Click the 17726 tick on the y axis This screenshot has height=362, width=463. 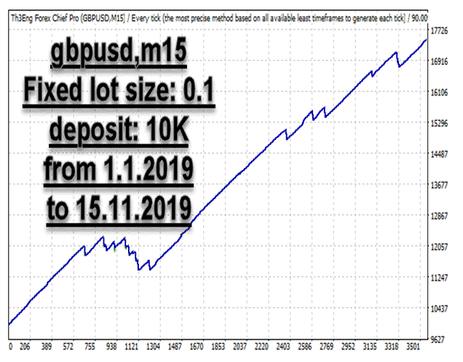point(440,31)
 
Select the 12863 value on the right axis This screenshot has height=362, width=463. point(440,216)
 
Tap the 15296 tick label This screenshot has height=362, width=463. point(440,124)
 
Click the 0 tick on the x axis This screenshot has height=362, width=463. point(9,347)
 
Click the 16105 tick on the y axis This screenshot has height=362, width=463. point(440,93)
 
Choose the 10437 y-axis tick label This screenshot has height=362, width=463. point(440,309)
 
